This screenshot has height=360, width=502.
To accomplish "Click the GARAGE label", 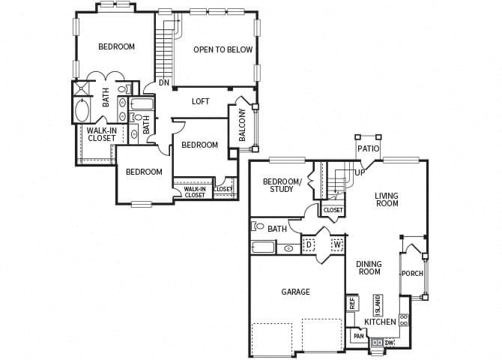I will pos(295,292).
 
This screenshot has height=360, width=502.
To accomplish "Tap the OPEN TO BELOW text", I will pos(223,50).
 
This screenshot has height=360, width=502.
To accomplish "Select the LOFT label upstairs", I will pos(200,101).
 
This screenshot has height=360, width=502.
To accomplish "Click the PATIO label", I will pos(368,148).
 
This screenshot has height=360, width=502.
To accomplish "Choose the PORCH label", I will pos(412,273).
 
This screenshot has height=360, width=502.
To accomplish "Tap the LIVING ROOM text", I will pos(387,199).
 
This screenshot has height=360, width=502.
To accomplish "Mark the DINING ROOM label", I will pos(369,268).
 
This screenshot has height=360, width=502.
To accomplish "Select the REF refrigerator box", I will pos(351,304).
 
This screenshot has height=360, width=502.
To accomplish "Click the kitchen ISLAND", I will pos(378,304).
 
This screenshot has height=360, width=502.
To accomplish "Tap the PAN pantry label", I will pos(358,337).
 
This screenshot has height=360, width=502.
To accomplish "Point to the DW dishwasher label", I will pos(389,343).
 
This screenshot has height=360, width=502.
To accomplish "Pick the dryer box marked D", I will pos(309,244).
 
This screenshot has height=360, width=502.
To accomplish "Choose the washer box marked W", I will pos(336,244).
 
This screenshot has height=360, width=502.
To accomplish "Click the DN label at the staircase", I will pos(163,82).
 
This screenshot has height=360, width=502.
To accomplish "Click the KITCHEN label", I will pos(380,322).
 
